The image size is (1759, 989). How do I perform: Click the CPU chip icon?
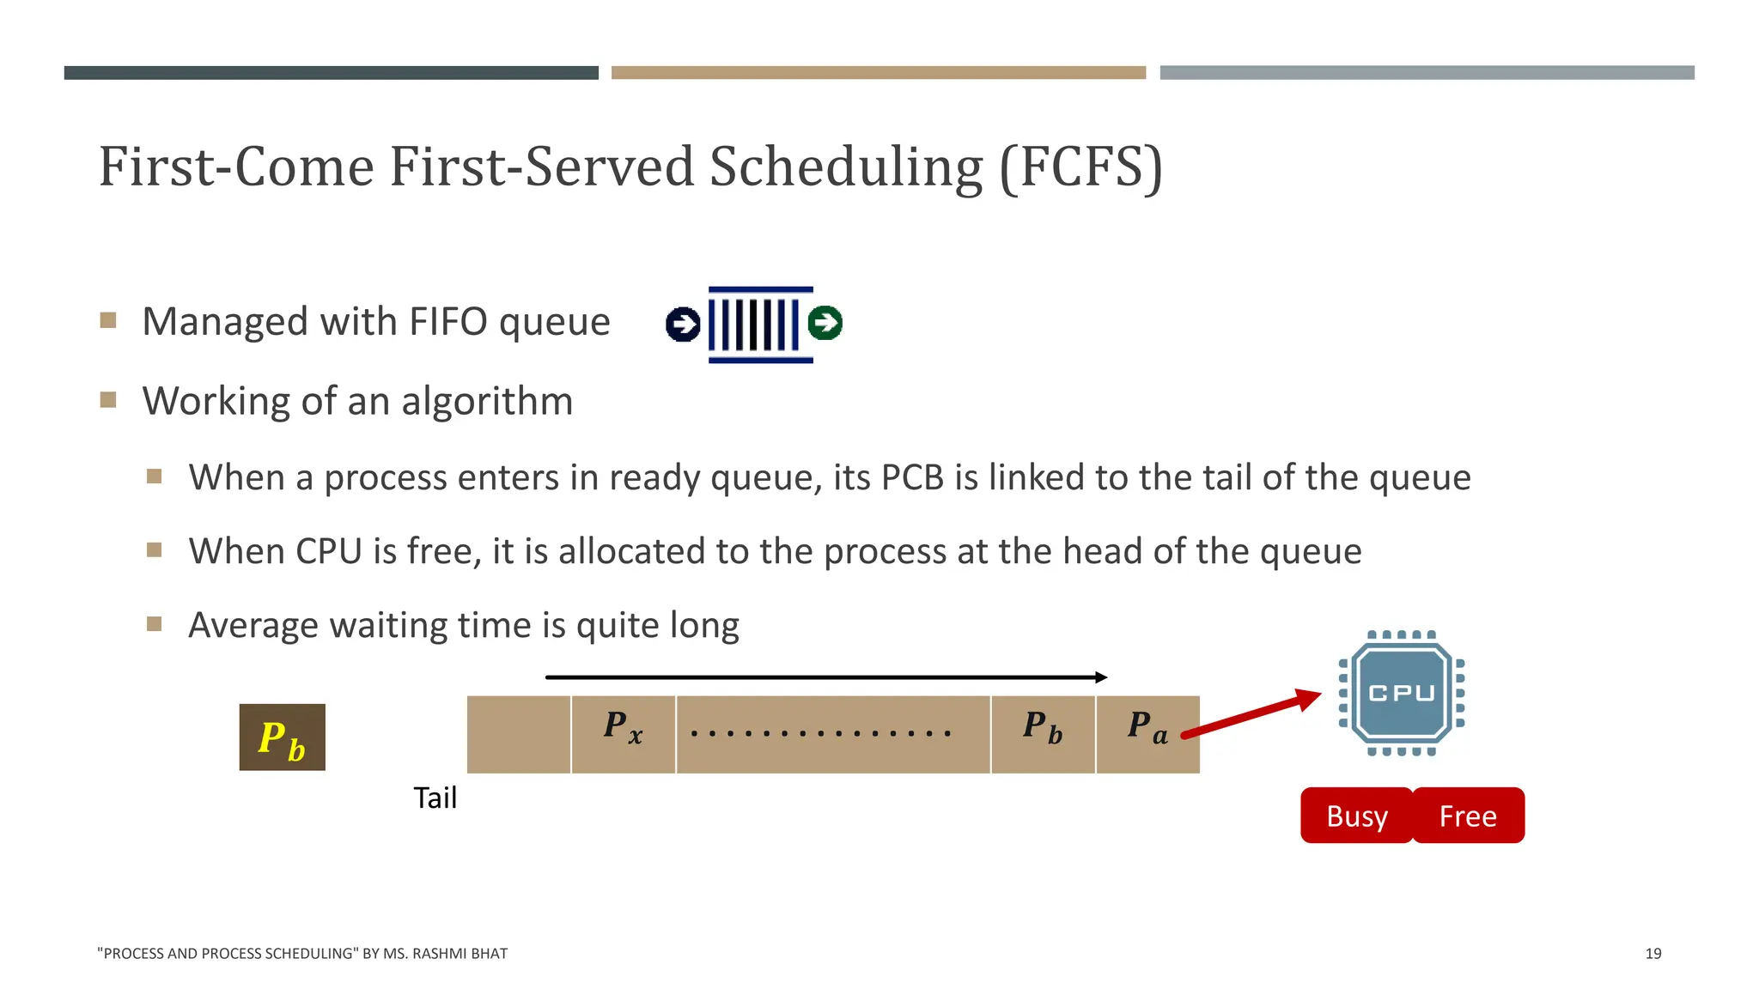coord(1401,694)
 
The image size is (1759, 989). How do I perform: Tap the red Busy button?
coord(1356,816)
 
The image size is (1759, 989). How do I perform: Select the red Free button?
coord(1468,816)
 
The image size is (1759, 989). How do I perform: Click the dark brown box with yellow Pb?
coord(282,737)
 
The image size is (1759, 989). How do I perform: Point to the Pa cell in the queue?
coord(1147,734)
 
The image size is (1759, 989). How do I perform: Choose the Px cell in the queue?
coord(623,734)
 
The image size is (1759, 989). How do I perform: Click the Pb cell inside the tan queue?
coord(1043,734)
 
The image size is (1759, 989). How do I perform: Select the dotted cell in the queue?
coord(832,734)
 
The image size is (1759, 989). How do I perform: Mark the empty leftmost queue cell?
coord(518,734)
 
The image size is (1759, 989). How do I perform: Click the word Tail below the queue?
coord(435,798)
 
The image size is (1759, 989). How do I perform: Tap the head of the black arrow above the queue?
coord(1101,677)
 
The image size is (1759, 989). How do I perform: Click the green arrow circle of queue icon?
coord(825,323)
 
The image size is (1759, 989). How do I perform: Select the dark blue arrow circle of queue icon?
coord(683,325)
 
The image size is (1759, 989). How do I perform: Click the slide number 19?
coord(1652,954)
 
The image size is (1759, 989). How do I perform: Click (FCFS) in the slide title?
coord(1080,167)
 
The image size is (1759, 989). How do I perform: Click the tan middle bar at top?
coord(878,73)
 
